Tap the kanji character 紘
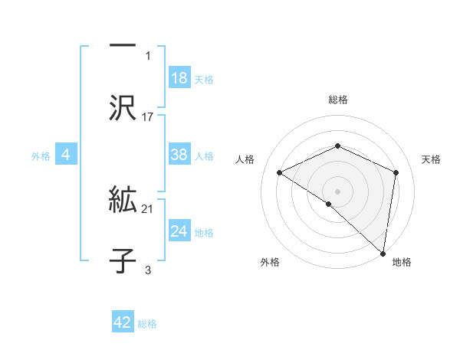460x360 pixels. (123, 201)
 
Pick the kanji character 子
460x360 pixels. (123, 260)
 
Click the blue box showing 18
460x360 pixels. (179, 78)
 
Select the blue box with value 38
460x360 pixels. (179, 155)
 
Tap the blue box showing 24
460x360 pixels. (179, 231)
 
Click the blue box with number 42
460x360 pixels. (123, 322)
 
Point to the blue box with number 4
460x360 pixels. (66, 155)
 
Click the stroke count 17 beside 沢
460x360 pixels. (148, 117)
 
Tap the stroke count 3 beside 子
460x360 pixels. (148, 270)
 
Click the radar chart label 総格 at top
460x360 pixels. (338, 100)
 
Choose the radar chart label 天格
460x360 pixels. (432, 159)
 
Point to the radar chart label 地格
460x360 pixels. (402, 262)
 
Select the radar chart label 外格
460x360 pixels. (270, 262)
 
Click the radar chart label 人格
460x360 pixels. (245, 159)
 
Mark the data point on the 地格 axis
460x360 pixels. (383, 252)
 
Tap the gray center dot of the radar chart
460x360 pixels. (338, 191)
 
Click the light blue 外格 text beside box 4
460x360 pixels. (41, 155)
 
